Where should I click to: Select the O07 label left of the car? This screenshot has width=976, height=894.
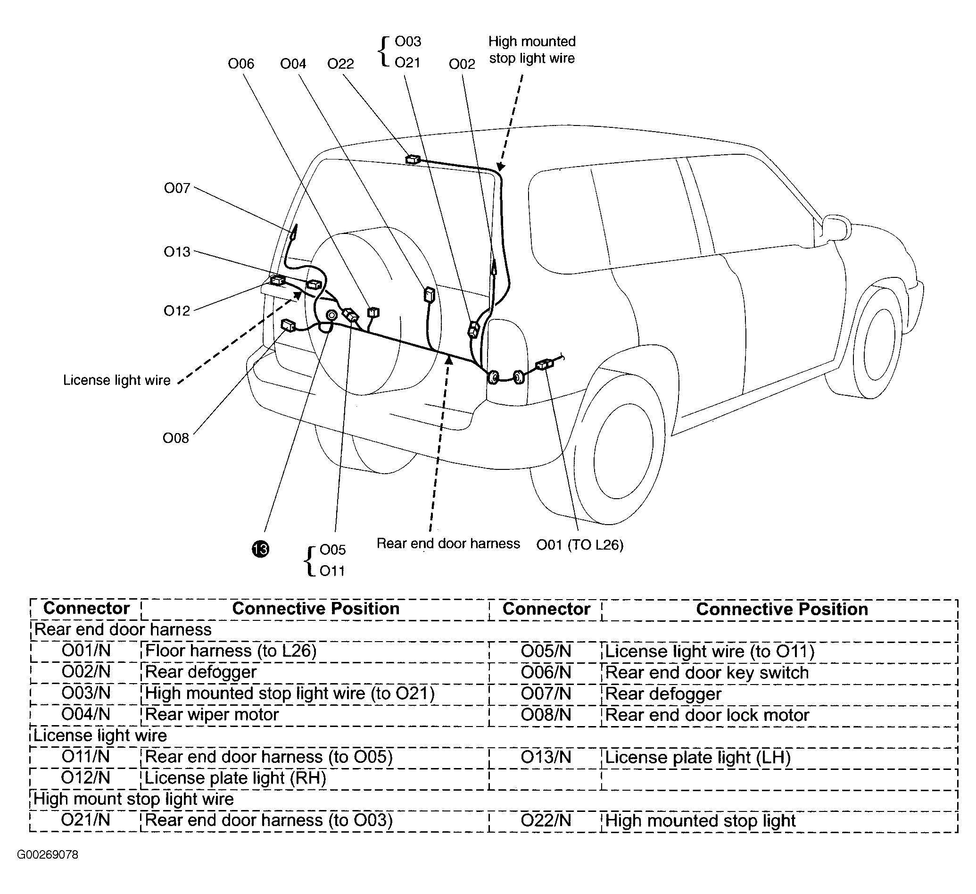pyautogui.click(x=177, y=188)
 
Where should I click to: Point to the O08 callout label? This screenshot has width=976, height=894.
pyautogui.click(x=176, y=438)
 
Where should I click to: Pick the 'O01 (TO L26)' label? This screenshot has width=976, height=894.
pyautogui.click(x=579, y=545)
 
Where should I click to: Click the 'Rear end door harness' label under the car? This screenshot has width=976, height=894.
pyautogui.click(x=448, y=543)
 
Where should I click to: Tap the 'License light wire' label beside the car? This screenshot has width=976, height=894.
pyautogui.click(x=116, y=380)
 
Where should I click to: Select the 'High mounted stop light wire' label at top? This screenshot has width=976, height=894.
pyautogui.click(x=531, y=50)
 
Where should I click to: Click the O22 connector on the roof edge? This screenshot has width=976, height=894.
pyautogui.click(x=413, y=159)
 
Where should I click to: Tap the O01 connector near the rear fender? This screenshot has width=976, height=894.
pyautogui.click(x=544, y=364)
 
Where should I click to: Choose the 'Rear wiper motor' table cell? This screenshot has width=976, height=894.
pyautogui.click(x=212, y=714)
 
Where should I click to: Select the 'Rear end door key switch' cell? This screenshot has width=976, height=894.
pyautogui.click(x=707, y=672)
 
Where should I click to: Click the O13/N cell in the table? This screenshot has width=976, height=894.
pyautogui.click(x=546, y=756)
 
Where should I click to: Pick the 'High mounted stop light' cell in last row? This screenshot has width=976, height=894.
pyautogui.click(x=700, y=820)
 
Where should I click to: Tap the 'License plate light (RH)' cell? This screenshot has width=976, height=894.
pyautogui.click(x=235, y=778)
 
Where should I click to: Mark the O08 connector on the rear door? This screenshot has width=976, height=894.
pyautogui.click(x=289, y=326)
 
